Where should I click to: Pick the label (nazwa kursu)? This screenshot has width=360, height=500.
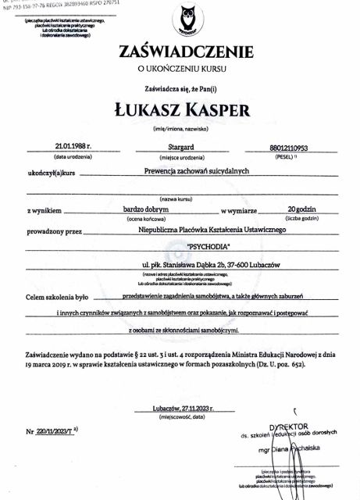pyautogui.click(x=185, y=199)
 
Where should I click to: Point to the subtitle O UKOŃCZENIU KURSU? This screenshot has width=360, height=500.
pyautogui.click(x=185, y=70)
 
